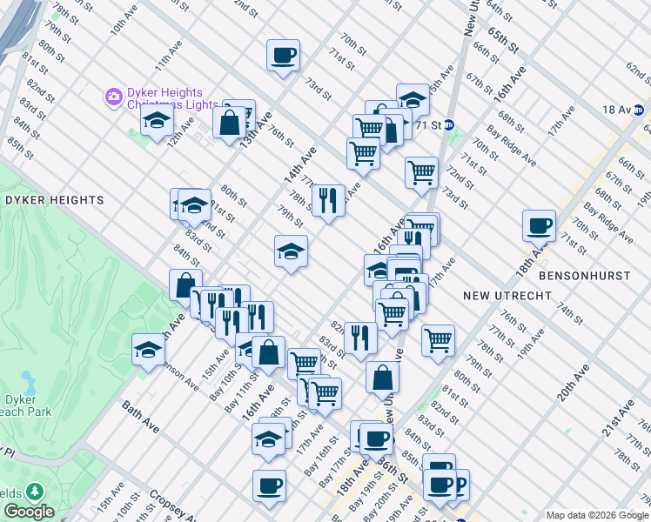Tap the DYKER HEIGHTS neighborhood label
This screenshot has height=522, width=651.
tap(54, 200)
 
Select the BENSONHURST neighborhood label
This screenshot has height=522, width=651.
tap(584, 275)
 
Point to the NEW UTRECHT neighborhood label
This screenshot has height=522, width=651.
tap(507, 296)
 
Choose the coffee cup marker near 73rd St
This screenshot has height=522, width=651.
tap(283, 56)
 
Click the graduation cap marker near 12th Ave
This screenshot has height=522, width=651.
tap(157, 120)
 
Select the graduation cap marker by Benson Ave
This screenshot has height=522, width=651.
tap(148, 350)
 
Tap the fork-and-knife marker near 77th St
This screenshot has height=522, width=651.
tap(328, 200)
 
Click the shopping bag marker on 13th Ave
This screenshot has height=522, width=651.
tap(230, 121)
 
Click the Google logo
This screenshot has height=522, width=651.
tap(29, 512)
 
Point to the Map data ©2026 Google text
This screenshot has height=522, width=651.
tap(596, 515)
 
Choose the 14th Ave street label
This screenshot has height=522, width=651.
tap(299, 164)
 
